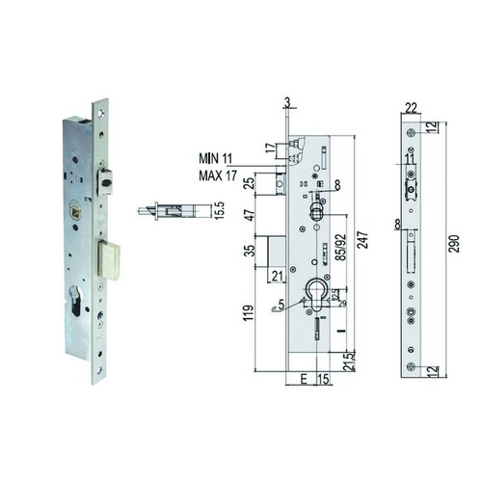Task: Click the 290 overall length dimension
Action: click(x=454, y=244)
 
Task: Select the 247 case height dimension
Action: click(x=363, y=240)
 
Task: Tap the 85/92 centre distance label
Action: click(x=342, y=247)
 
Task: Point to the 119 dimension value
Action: click(x=249, y=313)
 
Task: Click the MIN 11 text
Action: click(x=215, y=159)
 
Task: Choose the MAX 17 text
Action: click(x=218, y=175)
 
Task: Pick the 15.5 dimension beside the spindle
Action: click(x=220, y=210)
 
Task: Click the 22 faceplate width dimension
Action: click(x=412, y=108)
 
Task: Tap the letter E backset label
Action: click(x=304, y=379)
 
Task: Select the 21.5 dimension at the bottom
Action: click(x=349, y=362)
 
